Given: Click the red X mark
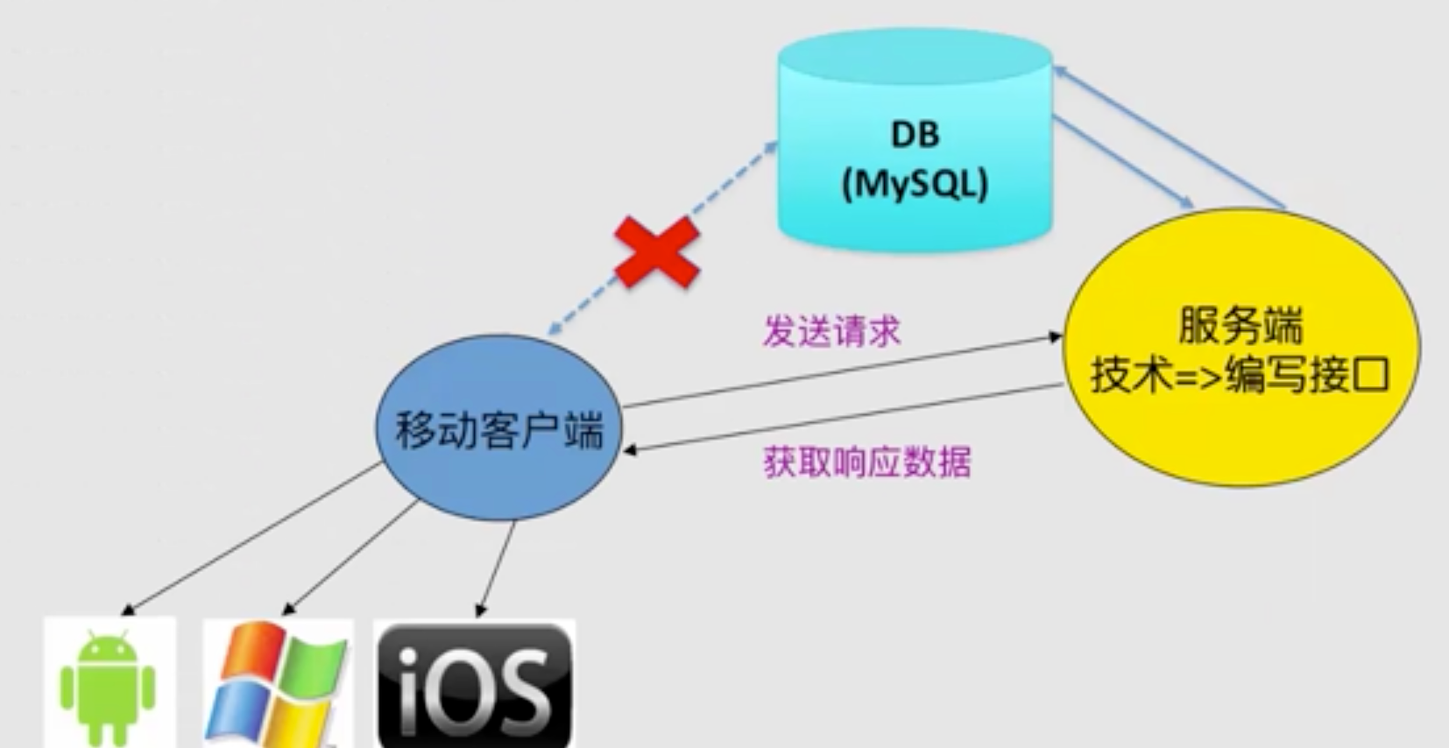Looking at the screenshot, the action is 657,253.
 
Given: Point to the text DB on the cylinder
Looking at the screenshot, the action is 915,134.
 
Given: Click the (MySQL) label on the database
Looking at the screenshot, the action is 915,184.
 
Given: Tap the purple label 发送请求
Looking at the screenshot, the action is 831,331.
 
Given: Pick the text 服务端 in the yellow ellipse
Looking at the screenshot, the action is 1240,326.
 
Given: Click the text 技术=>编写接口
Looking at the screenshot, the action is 1240,375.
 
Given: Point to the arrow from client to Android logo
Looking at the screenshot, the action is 254,536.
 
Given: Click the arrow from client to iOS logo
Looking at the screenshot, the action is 497,568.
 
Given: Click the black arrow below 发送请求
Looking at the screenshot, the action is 841,370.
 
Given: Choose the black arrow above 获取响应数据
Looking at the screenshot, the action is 841,418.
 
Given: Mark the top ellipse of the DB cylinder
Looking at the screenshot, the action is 915,54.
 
